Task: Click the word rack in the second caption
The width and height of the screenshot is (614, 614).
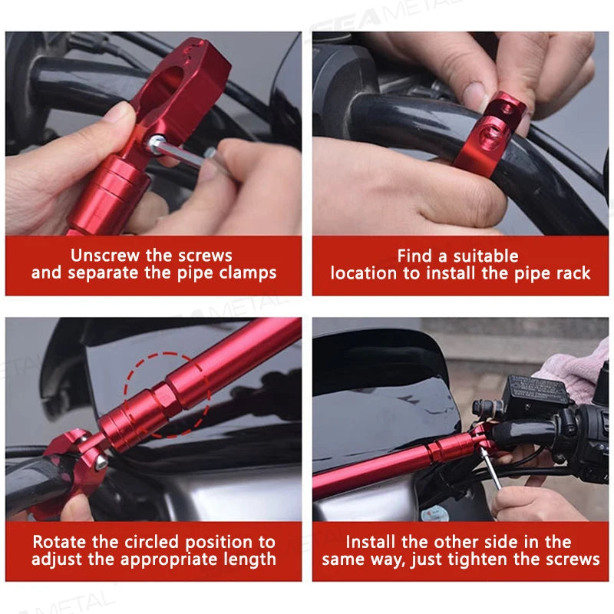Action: coord(573,273)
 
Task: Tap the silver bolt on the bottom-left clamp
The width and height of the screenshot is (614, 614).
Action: coord(101,461)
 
